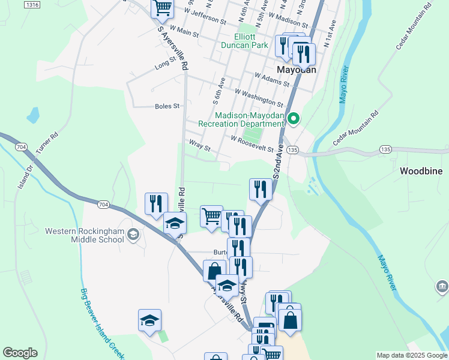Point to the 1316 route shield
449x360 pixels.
tap(33, 5)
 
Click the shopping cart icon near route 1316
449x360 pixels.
tap(163, 8)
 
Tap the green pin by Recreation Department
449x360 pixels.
tap(294, 119)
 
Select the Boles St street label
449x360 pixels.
tap(167, 106)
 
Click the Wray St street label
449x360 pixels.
tap(199, 146)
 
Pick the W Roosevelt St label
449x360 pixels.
tap(252, 143)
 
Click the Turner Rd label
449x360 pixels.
tap(46, 143)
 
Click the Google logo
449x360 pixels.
tap(20, 353)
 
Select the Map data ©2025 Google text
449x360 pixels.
tap(411, 355)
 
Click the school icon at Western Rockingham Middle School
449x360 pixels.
tap(133, 236)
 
